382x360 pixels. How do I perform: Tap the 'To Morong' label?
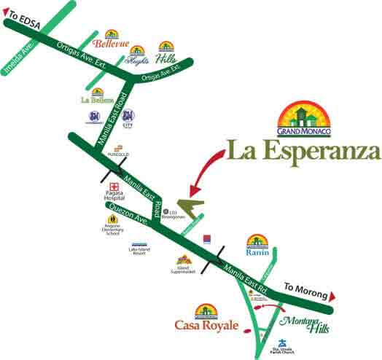(301, 287)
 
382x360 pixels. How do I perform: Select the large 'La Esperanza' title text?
(303, 152)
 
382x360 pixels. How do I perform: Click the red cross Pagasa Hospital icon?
(114, 187)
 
